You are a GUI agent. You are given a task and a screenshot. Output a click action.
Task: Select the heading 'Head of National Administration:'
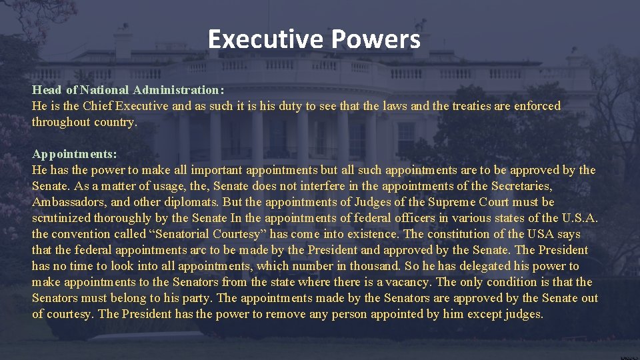128,90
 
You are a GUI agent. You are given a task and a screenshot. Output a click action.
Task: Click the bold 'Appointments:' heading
74,154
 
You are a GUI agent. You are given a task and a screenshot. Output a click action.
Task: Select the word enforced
537,106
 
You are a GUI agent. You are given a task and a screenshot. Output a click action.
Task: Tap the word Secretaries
521,186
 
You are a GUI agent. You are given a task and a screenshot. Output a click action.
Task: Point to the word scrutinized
62,218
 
